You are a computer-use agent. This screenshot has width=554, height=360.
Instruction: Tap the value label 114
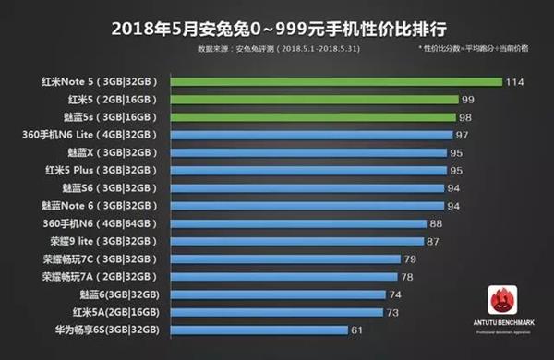[515, 81]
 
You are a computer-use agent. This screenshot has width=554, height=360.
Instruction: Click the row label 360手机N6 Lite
[89, 135]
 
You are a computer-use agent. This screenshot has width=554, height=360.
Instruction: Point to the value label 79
[410, 258]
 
